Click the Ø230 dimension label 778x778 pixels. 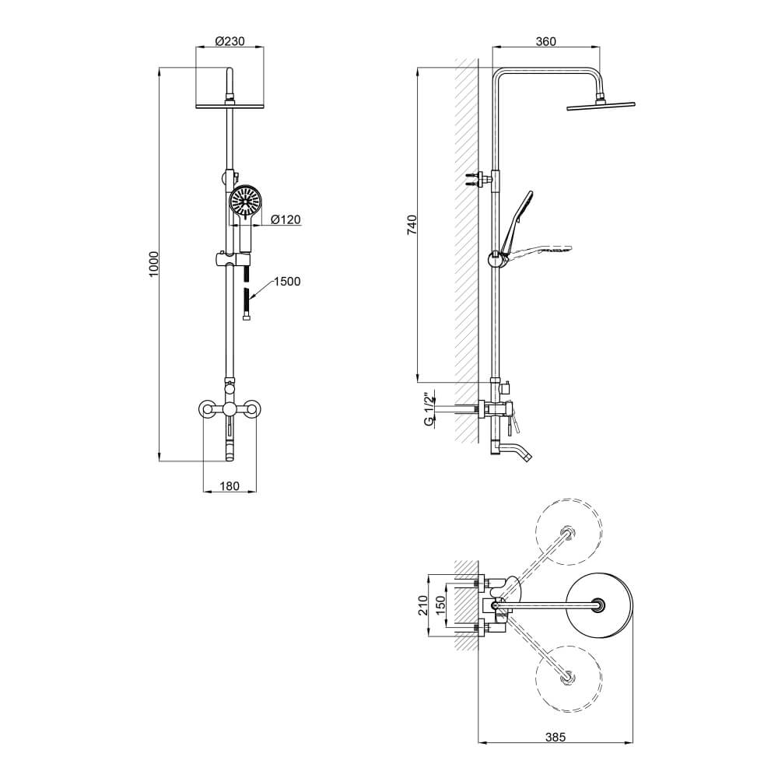[230, 40]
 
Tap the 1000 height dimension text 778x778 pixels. [154, 265]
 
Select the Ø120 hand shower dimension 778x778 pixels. [286, 219]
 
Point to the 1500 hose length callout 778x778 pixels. [287, 282]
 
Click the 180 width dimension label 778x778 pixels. [230, 486]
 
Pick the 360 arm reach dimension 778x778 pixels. [546, 41]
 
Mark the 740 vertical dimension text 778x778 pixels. [412, 225]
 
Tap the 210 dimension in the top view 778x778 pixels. [422, 605]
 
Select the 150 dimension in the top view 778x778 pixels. [440, 605]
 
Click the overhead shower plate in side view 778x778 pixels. [601, 105]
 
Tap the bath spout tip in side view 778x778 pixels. [528, 457]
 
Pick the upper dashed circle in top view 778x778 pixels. [569, 499]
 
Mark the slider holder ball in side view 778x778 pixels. [495, 259]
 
